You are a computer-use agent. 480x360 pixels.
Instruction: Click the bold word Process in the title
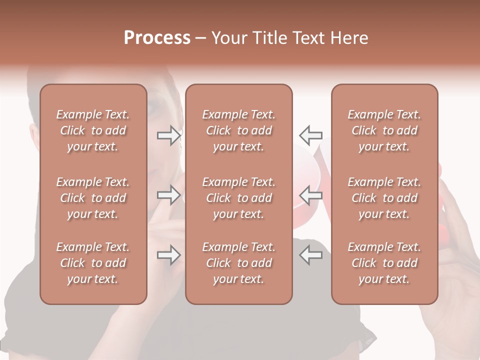click(157, 38)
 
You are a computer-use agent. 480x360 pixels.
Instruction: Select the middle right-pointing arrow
click(169, 195)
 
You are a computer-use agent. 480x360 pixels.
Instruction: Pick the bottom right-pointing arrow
click(169, 255)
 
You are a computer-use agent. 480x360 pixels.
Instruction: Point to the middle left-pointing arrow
click(310, 195)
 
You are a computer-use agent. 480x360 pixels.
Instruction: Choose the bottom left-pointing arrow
click(310, 255)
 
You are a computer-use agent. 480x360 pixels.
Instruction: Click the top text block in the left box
click(93, 130)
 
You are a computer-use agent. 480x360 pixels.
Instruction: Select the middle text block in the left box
click(93, 198)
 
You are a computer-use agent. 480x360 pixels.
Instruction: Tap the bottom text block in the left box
click(93, 263)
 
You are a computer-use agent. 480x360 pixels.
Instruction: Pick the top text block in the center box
click(238, 130)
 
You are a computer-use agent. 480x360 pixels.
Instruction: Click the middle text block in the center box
click(238, 198)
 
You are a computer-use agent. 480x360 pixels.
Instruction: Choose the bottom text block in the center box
click(238, 263)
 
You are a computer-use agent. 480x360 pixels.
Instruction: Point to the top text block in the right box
click(384, 130)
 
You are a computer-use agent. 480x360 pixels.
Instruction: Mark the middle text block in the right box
click(384, 198)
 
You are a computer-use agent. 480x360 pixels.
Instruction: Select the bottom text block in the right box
click(384, 263)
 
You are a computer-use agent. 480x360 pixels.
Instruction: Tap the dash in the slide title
click(201, 38)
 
